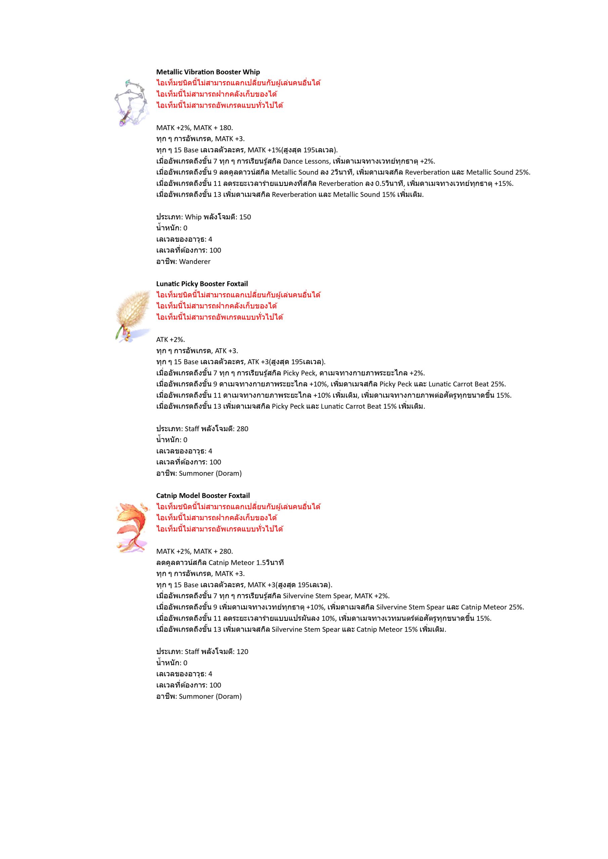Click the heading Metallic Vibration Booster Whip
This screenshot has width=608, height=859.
pyautogui.click(x=208, y=72)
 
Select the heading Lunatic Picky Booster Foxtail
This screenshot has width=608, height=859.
pyautogui.click(x=202, y=284)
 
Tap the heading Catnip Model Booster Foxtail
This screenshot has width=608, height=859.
pyautogui.click(x=203, y=495)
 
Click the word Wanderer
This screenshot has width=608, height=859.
pyautogui.click(x=195, y=261)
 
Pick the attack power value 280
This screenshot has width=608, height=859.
pyautogui.click(x=243, y=429)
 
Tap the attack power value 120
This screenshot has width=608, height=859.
pyautogui.click(x=243, y=651)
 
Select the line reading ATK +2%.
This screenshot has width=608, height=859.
pyautogui.click(x=170, y=339)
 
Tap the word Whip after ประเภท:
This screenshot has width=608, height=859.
pyautogui.click(x=193, y=217)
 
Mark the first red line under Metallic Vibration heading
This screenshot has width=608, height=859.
pyautogui.click(x=238, y=83)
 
